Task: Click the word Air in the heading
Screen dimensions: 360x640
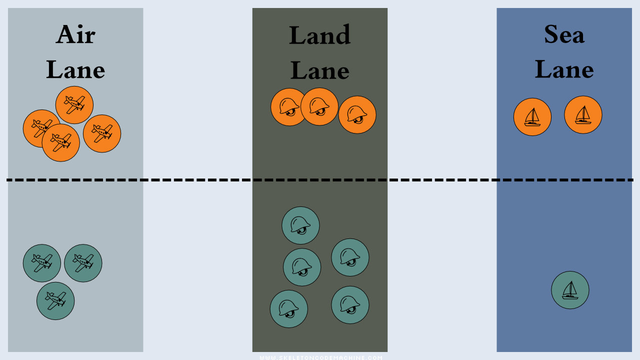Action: tap(75, 34)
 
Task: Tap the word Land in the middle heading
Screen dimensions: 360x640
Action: tap(319, 35)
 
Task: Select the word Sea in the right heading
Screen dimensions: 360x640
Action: tap(564, 34)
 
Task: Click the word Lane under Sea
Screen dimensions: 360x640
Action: tap(564, 69)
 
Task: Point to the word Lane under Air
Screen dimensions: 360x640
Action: tap(75, 70)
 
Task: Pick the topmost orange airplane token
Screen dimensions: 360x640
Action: tap(74, 105)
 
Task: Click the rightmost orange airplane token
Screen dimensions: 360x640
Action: tap(102, 133)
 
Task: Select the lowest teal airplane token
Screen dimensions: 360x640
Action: tap(55, 301)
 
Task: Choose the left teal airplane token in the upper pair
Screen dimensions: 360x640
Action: tap(42, 263)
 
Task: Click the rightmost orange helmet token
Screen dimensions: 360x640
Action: tap(357, 115)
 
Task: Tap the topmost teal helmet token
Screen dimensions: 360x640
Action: tap(300, 225)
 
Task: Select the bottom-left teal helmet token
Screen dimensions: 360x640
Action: tap(289, 309)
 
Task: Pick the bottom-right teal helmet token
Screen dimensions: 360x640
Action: tap(350, 305)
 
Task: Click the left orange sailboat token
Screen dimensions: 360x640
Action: tap(532, 117)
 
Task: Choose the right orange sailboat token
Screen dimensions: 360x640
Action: tap(583, 115)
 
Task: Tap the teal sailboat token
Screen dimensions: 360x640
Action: tap(570, 290)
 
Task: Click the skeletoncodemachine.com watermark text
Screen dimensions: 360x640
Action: tap(320, 357)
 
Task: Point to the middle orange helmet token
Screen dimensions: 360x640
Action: tap(319, 106)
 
